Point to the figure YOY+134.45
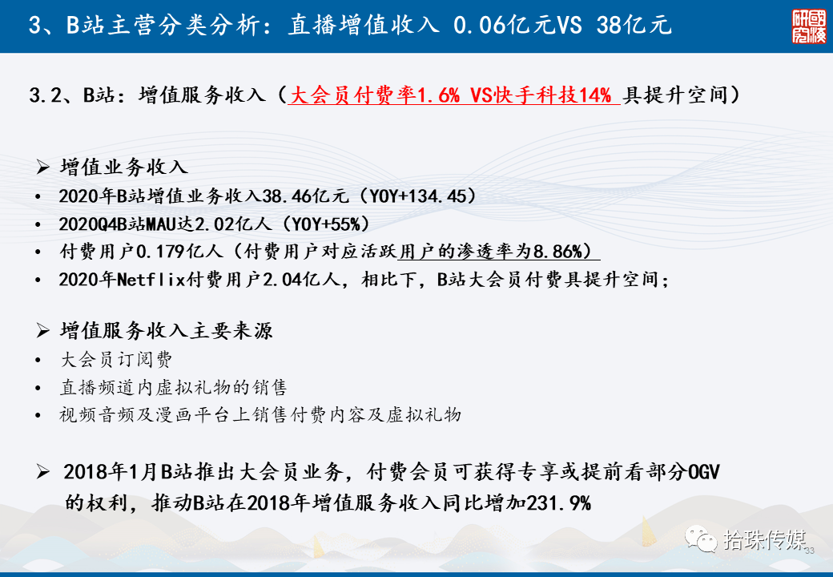pyautogui.click(x=421, y=196)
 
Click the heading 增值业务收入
pyautogui.click(x=124, y=167)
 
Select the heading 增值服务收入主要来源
pyautogui.click(x=169, y=332)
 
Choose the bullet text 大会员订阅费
pyautogui.click(x=116, y=360)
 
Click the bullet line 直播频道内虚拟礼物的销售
pyautogui.click(x=173, y=387)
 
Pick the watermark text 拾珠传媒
pyautogui.click(x=764, y=539)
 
